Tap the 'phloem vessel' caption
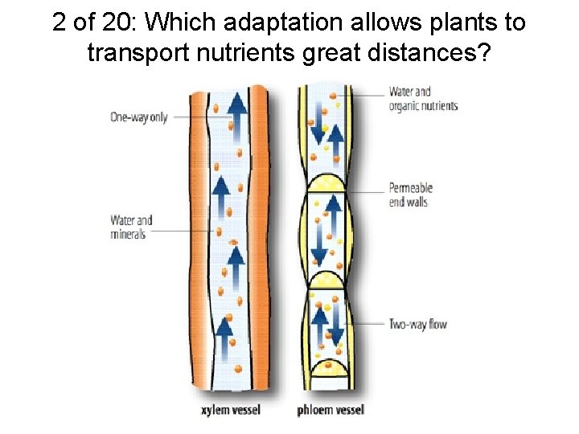click(331, 410)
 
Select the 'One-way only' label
click(139, 117)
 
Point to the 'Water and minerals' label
click(131, 227)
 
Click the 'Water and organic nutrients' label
click(423, 98)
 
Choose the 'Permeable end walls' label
click(411, 194)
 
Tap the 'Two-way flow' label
click(417, 325)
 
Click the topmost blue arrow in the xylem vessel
click(236, 110)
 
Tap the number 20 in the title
click(113, 23)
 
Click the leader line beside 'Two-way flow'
click(364, 324)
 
